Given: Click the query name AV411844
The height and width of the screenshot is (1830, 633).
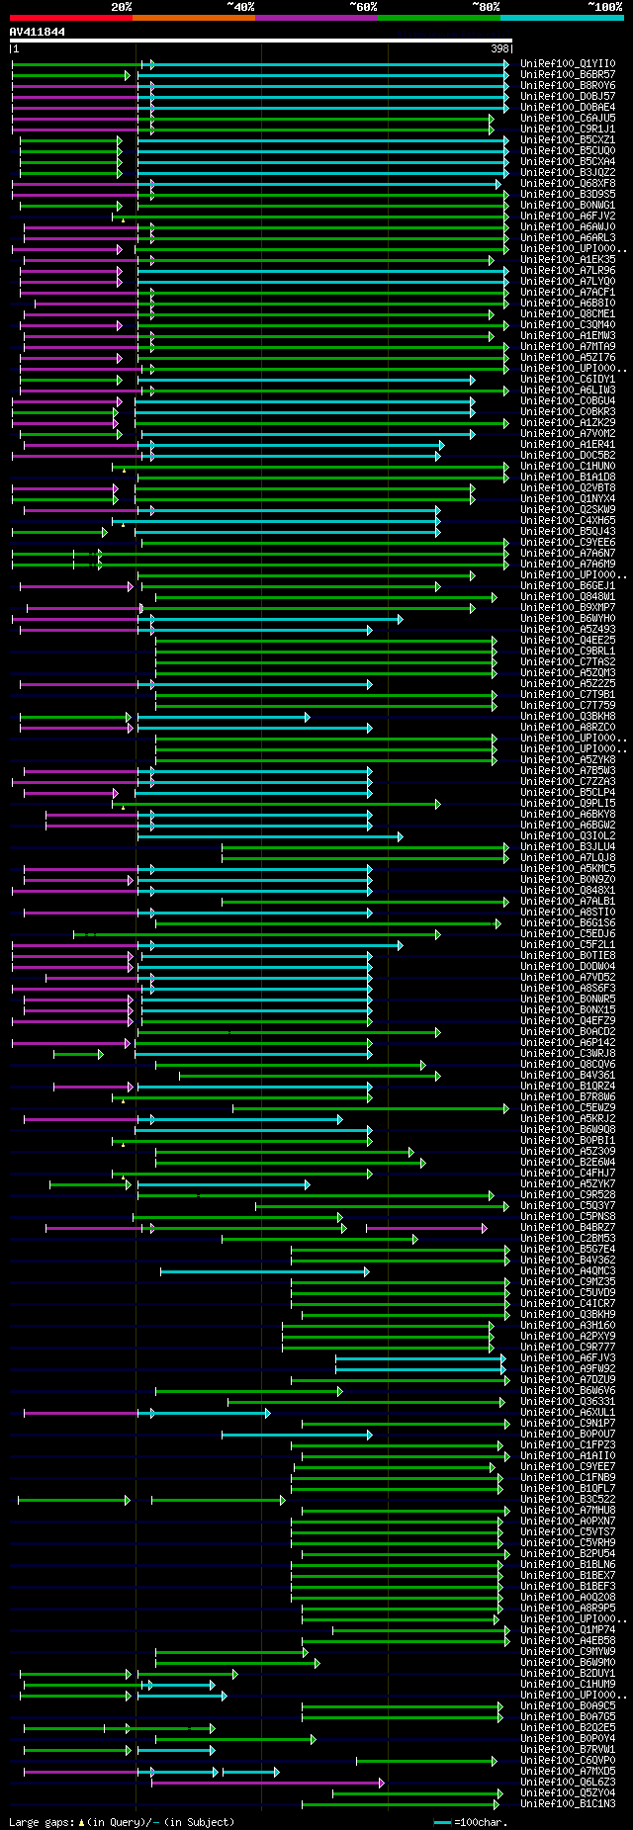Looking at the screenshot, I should [38, 32].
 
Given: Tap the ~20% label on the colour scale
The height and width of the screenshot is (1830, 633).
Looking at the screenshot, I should [121, 7].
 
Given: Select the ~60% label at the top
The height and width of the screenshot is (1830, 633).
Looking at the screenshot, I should [363, 7].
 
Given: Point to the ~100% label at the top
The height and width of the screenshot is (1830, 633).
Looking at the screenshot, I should [604, 7].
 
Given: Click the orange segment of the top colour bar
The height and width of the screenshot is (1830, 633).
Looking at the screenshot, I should [193, 18].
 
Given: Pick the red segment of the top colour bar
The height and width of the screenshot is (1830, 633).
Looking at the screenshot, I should [70, 18].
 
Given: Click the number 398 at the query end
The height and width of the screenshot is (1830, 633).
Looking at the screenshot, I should [499, 48].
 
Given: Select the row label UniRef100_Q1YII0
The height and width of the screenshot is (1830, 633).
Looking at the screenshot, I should [568, 64].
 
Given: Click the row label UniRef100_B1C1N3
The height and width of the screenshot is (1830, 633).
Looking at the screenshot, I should [568, 1804].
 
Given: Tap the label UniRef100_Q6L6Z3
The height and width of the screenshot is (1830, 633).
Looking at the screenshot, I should [568, 1783].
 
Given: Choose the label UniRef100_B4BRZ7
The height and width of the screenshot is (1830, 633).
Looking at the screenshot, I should [568, 1228].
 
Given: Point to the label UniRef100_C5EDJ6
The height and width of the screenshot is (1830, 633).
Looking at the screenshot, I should [568, 934].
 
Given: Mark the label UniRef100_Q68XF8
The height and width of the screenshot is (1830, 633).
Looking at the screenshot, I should [568, 184].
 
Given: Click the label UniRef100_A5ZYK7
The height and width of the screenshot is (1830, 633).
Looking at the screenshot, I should [568, 1184].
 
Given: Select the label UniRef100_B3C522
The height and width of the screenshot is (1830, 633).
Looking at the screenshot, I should [568, 1500].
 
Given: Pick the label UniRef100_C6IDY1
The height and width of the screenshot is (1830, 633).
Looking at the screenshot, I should [568, 380].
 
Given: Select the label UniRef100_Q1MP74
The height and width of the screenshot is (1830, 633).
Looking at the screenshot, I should [568, 1630].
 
